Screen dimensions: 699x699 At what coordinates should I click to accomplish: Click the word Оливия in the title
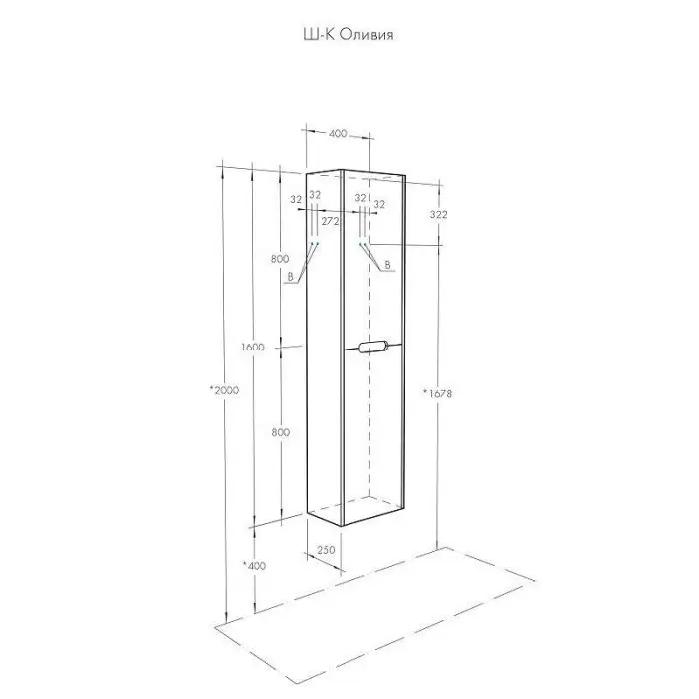(366, 35)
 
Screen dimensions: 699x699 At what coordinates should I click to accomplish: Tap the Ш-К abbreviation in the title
(320, 35)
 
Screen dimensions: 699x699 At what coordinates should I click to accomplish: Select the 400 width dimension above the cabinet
(338, 133)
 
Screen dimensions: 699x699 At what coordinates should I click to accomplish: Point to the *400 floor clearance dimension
(254, 566)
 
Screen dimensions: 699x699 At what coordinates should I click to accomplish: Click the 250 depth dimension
(326, 549)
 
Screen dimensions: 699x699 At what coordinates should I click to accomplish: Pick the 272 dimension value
(330, 221)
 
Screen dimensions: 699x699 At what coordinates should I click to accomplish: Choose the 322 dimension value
(438, 214)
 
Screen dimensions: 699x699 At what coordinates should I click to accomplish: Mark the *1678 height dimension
(437, 393)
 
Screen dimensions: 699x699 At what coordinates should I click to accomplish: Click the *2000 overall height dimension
(224, 390)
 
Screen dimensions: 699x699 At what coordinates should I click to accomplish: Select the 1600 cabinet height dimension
(253, 347)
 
